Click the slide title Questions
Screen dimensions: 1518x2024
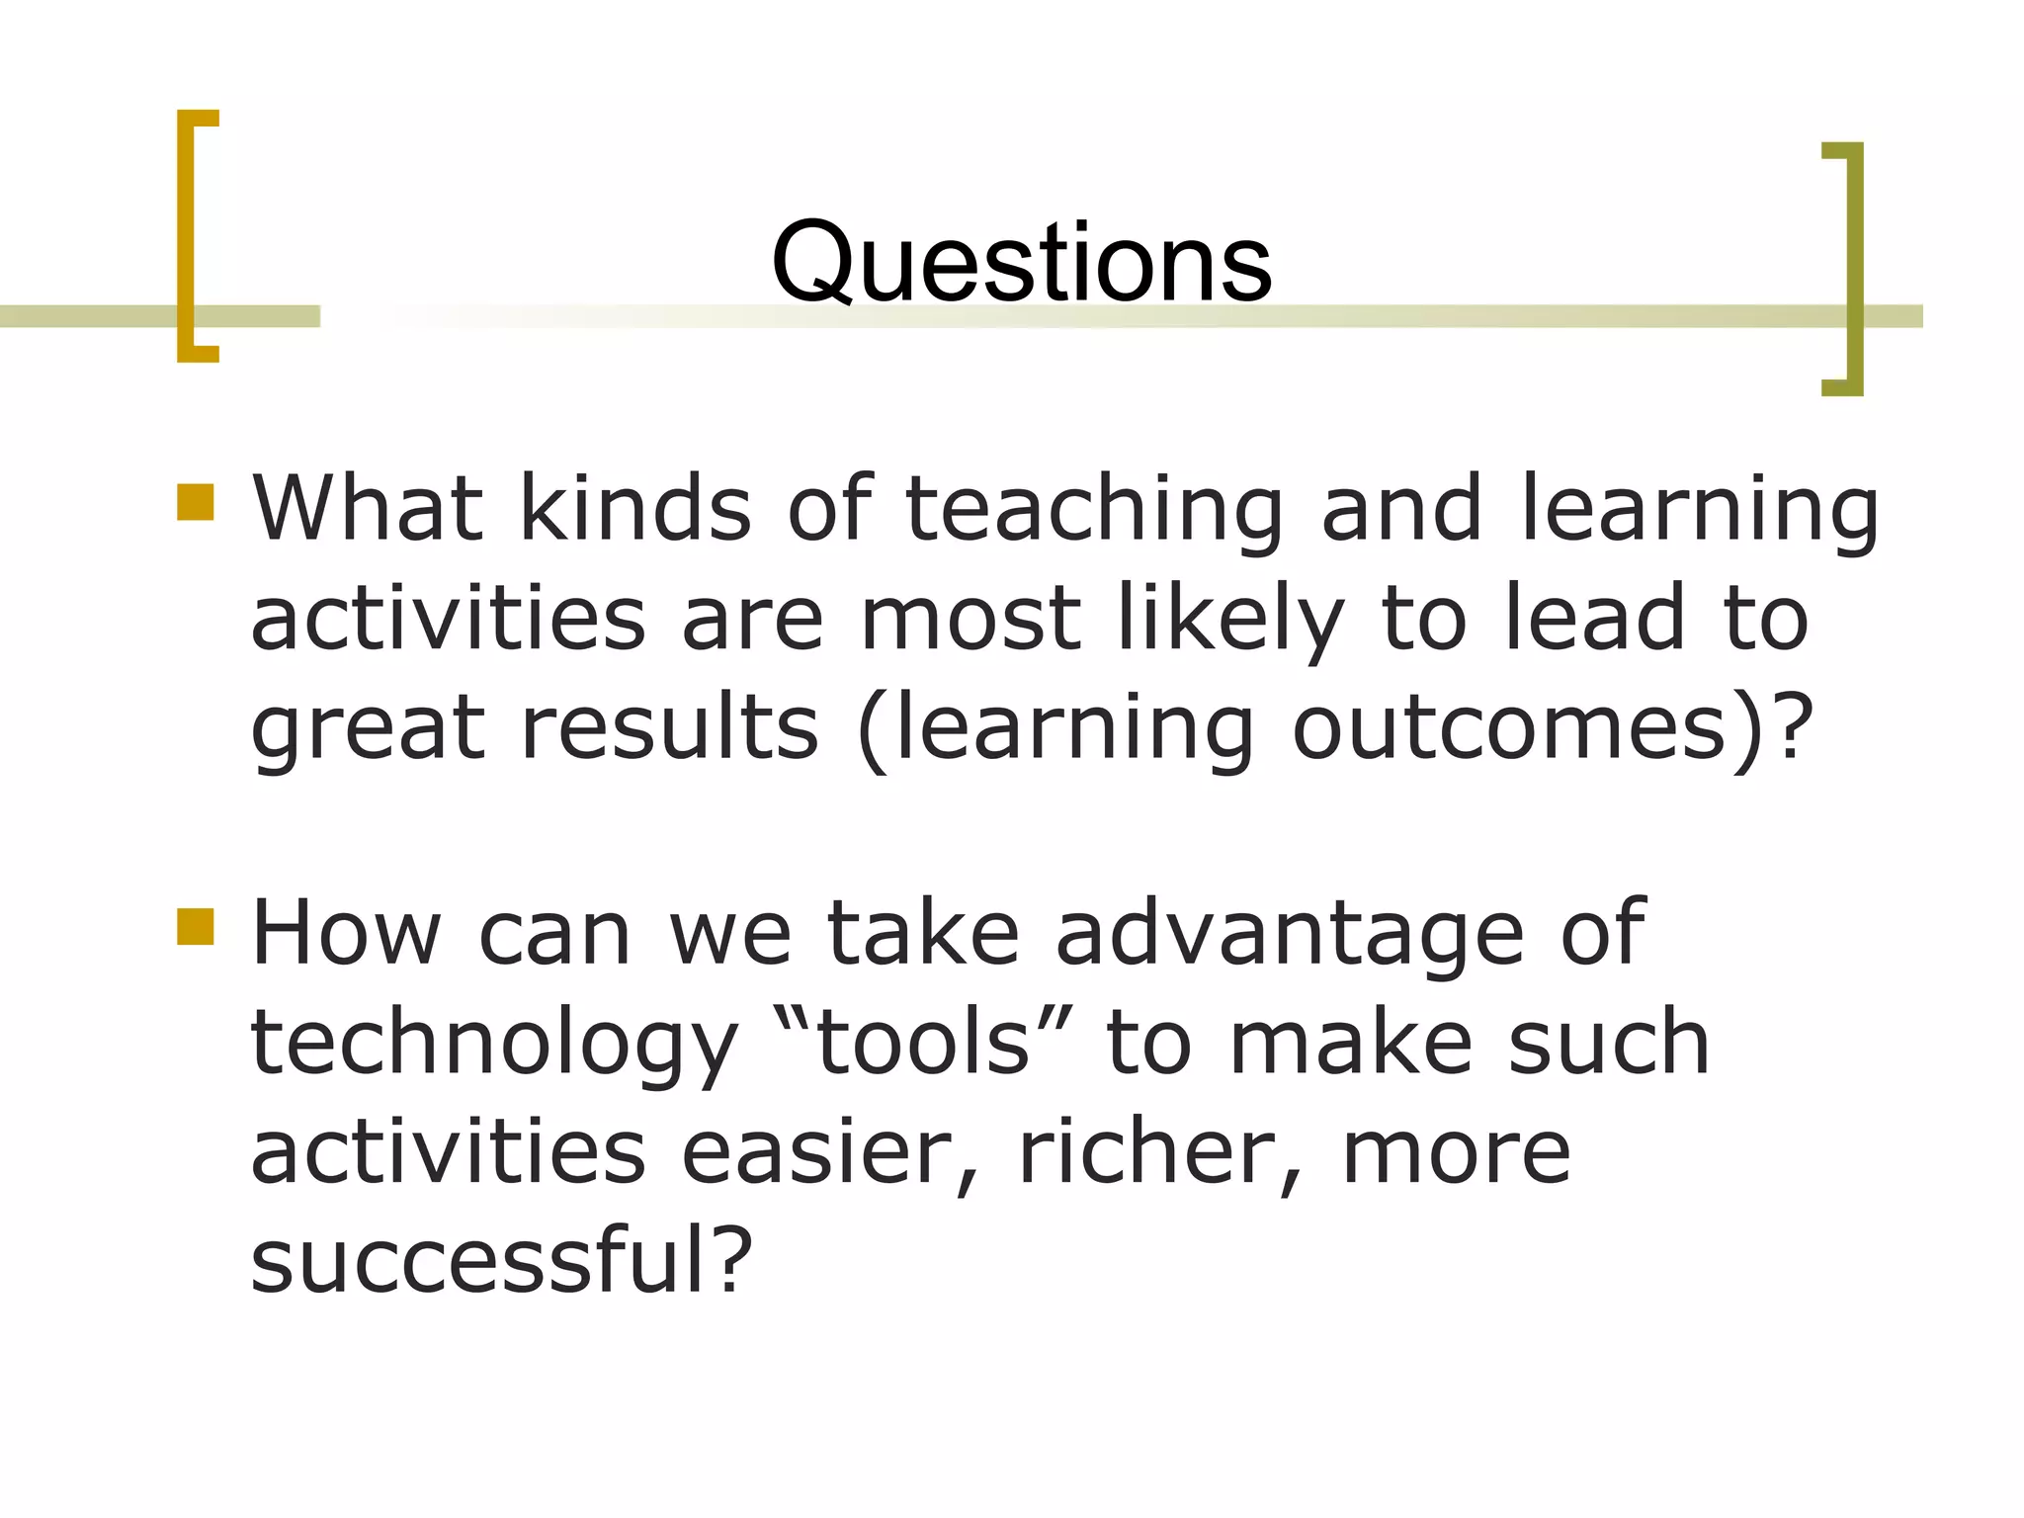(1021, 263)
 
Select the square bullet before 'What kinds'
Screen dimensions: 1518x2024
(196, 501)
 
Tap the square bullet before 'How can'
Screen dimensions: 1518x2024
(196, 927)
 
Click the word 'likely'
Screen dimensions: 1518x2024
(1230, 621)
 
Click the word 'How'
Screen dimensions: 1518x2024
(346, 934)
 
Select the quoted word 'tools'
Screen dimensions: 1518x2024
(924, 1044)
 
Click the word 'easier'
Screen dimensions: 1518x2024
(828, 1153)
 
